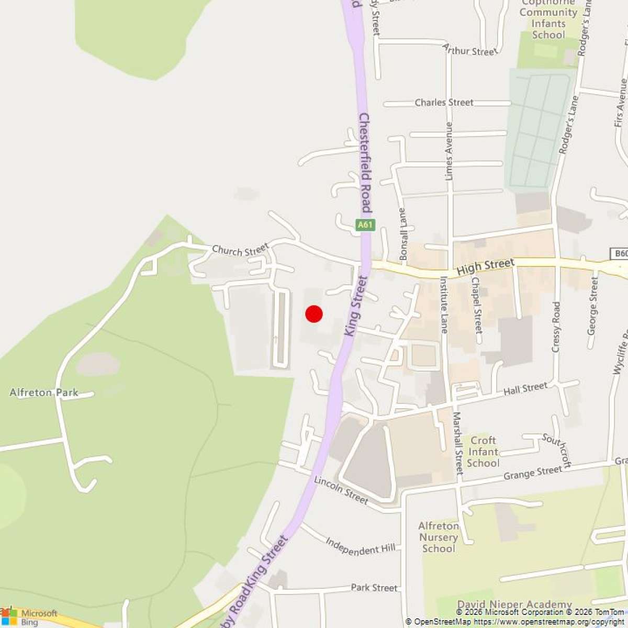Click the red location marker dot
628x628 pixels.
coord(313,313)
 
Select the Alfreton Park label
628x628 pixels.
coord(44,392)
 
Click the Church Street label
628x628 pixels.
coord(240,250)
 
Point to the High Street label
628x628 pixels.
coord(485,267)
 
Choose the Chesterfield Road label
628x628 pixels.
coord(364,162)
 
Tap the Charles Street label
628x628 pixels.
coord(444,103)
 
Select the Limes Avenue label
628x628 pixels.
coord(448,152)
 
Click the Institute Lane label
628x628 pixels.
coord(443,305)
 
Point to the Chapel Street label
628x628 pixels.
coord(476,305)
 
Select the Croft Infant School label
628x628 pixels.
coord(483,452)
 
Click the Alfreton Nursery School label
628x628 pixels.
coord(439,537)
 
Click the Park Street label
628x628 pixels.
coord(374,588)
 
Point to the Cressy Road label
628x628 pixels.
coord(556,327)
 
